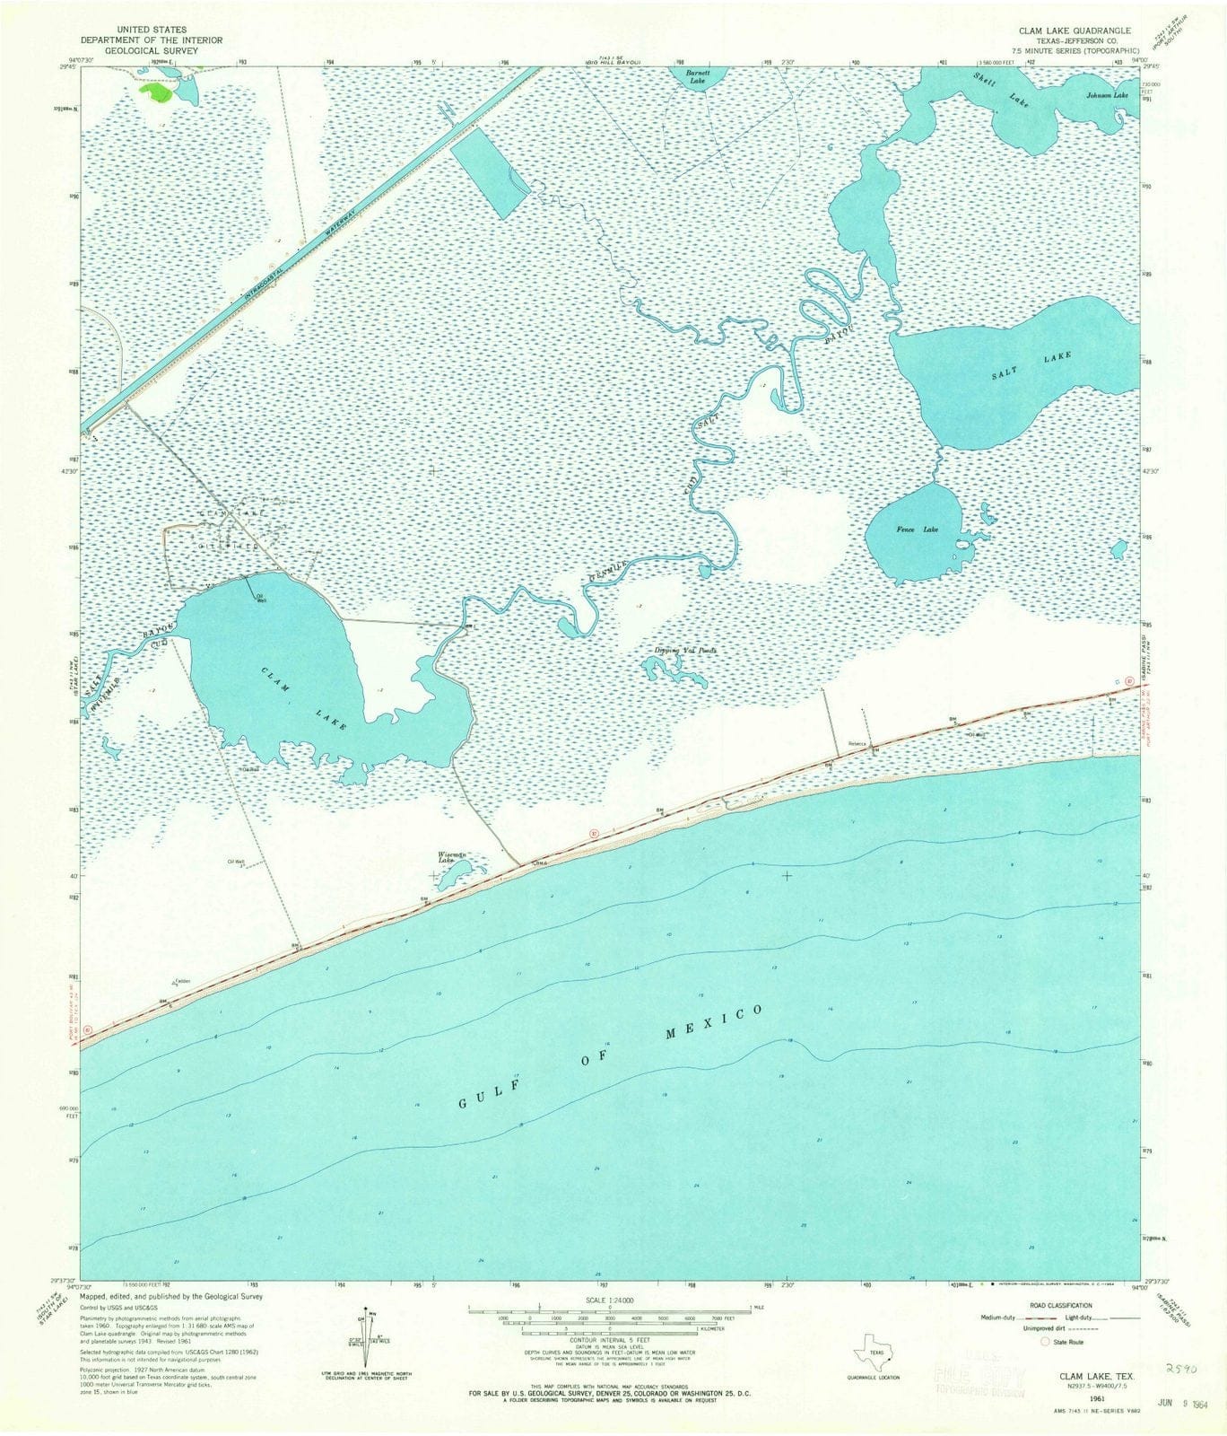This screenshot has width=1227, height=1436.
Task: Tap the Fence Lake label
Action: (x=917, y=530)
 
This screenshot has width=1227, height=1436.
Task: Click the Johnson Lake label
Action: (x=1105, y=94)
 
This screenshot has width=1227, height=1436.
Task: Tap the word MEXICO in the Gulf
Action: (x=714, y=1023)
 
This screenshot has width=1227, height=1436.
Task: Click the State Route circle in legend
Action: (x=1045, y=1342)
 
